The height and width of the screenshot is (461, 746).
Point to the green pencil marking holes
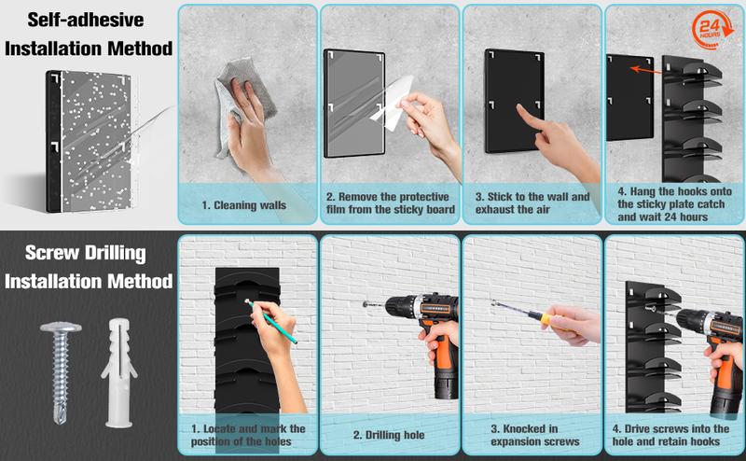[x=272, y=321]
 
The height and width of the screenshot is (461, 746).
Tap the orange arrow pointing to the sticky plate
[x=646, y=71]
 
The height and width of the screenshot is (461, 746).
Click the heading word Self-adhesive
[x=86, y=20]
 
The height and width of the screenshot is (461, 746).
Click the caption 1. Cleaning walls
[x=244, y=205]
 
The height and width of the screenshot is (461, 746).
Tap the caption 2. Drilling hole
[x=389, y=435]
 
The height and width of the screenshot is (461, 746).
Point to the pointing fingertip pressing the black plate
[x=519, y=107]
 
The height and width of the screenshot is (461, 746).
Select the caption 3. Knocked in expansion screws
[x=535, y=435]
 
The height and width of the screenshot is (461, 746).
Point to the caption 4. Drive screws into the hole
[x=670, y=435]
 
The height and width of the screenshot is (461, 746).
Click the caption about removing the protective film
[x=390, y=203]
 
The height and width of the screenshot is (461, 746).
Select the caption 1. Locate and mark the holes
[x=248, y=435]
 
